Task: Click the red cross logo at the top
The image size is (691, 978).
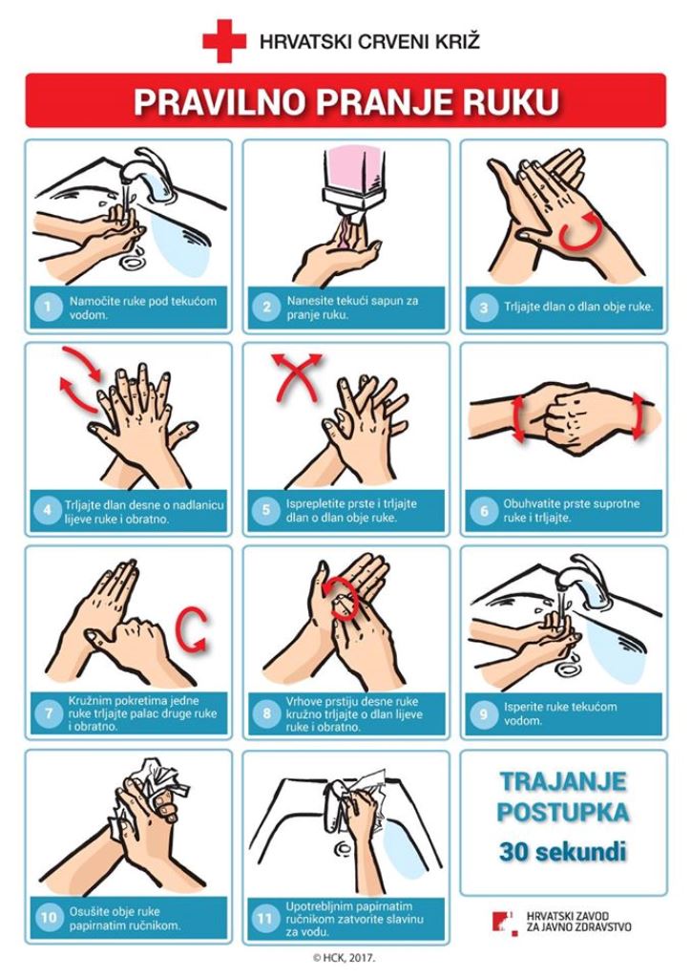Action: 224,41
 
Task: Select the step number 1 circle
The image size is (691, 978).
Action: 47,307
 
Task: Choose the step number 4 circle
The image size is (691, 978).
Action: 47,511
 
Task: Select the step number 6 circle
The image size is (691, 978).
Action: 484,511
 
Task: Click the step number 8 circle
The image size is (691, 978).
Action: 265,713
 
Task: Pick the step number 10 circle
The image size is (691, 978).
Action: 48,918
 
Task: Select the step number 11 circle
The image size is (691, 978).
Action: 265,918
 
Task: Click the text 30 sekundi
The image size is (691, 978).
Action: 562,851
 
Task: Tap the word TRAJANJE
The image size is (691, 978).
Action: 563,781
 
